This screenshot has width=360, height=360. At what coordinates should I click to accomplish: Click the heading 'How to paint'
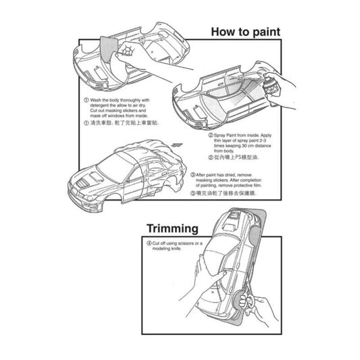pyautogui.click(x=245, y=31)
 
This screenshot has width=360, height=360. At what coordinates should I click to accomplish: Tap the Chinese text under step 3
pyautogui.click(x=226, y=192)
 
